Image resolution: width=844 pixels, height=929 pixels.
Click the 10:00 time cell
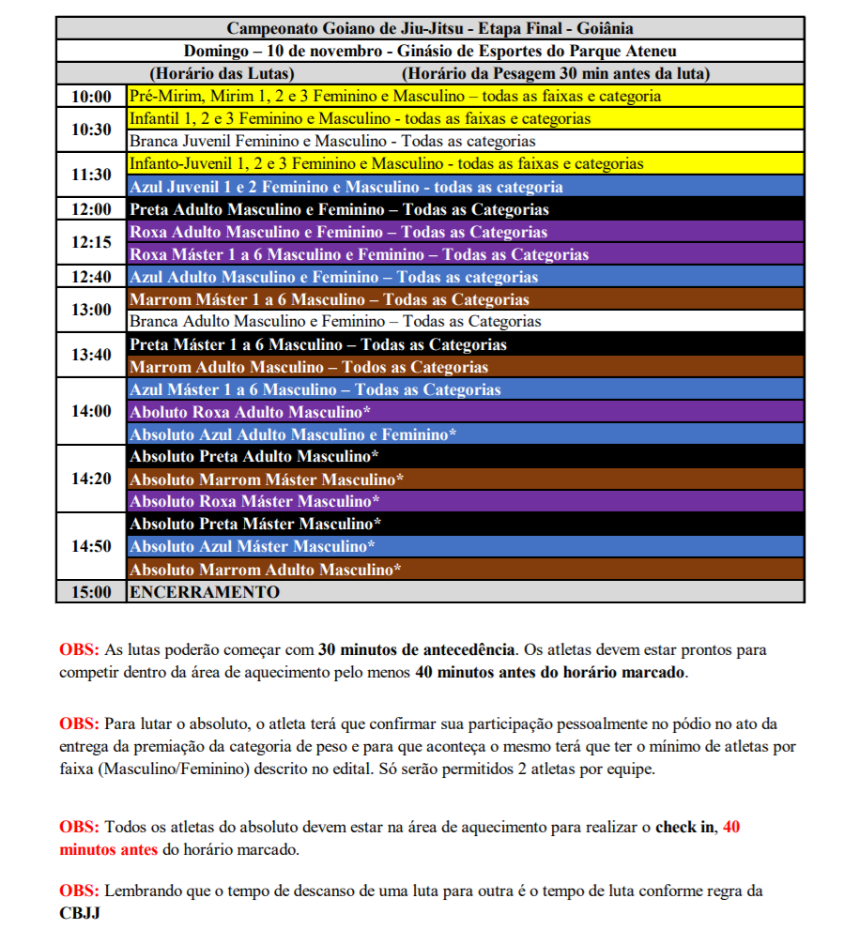click(x=91, y=97)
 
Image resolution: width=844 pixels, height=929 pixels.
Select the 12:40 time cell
click(x=91, y=277)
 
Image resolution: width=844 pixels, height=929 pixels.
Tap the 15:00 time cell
click(x=91, y=592)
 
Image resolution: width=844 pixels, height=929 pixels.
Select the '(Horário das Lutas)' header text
click(x=223, y=73)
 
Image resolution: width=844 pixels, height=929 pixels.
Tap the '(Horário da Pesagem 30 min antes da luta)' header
click(x=555, y=73)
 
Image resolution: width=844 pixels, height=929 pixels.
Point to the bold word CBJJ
click(x=80, y=911)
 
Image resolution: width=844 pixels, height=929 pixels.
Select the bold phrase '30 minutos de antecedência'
click(x=417, y=648)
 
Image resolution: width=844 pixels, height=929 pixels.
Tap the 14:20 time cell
click(x=91, y=479)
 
